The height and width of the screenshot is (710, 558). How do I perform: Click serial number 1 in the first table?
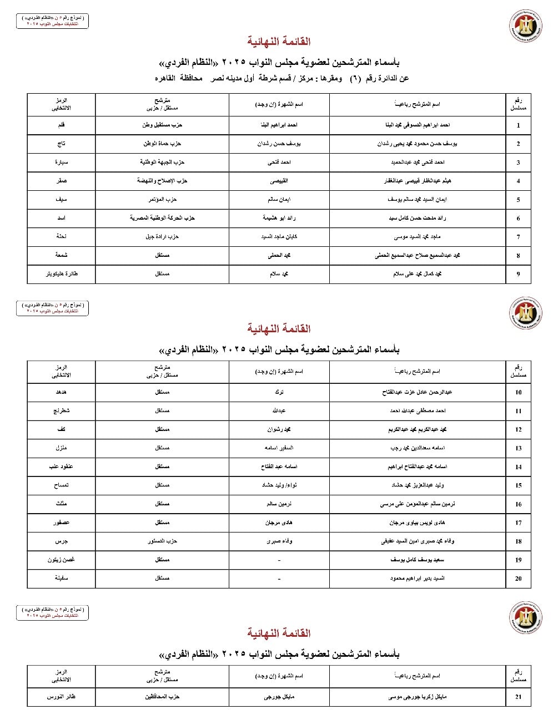coord(518,125)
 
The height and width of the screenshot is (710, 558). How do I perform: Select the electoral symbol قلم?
coord(61,125)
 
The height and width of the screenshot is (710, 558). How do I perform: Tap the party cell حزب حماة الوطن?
coord(162,144)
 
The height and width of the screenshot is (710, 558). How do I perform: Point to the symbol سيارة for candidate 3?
coord(61,163)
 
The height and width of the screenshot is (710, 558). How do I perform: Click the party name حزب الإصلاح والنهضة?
coord(162,181)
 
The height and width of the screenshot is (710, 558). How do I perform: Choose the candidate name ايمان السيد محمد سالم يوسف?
coord(418,200)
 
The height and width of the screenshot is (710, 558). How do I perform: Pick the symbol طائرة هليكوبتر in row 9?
coord(61,274)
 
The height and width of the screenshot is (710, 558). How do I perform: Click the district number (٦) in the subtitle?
coord(354,78)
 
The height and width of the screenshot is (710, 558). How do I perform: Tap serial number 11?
coord(518,411)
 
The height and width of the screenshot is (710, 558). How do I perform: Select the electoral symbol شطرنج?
coord(61,411)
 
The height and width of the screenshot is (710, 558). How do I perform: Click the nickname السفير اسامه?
coord(279,448)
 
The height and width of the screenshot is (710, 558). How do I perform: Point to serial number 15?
coord(518,485)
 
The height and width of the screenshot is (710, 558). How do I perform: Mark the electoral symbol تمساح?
coord(61,485)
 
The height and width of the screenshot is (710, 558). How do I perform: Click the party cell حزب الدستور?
coord(162,541)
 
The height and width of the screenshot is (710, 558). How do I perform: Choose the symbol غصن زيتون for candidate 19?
coord(61,560)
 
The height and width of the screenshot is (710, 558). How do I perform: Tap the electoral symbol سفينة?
coord(61,578)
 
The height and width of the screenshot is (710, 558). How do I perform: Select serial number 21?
coord(518,697)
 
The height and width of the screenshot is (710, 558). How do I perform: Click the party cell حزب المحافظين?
coord(162,697)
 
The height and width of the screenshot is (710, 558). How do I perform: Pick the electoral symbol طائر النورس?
coord(61,697)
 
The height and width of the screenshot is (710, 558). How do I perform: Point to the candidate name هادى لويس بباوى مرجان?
coord(418,523)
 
